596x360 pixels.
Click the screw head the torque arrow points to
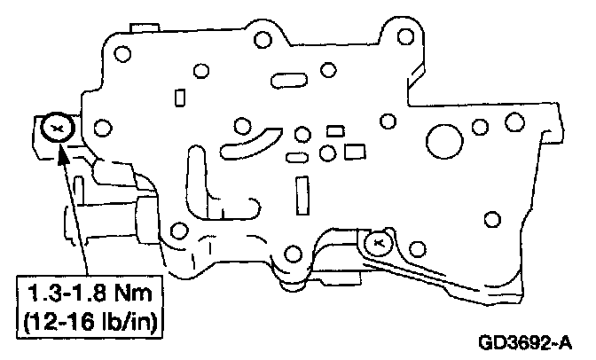(57, 129)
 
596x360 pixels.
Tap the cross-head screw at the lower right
(376, 239)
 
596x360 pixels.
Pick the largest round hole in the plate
(444, 137)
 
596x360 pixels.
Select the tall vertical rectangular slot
(303, 194)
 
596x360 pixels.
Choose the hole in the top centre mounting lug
(263, 39)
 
